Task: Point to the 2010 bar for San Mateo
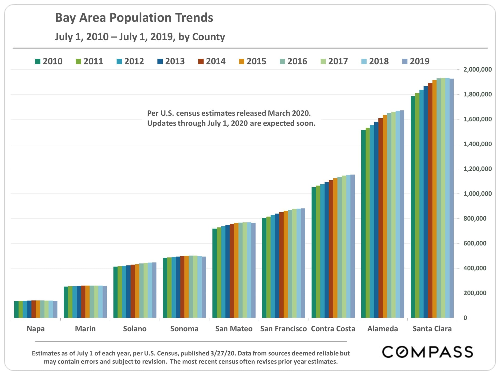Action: pos(215,273)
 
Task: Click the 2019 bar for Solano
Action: pos(154,290)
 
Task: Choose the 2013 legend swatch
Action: pos(160,61)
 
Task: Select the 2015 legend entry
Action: pos(253,61)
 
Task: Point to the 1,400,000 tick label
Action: pos(477,144)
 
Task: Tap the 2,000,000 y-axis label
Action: pos(477,70)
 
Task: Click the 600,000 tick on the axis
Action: pos(475,243)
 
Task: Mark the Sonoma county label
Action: pos(184,329)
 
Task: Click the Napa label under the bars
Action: pos(36,329)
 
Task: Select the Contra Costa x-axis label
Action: pos(333,329)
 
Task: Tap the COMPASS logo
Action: pos(427,352)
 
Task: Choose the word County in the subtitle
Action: pos(208,37)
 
